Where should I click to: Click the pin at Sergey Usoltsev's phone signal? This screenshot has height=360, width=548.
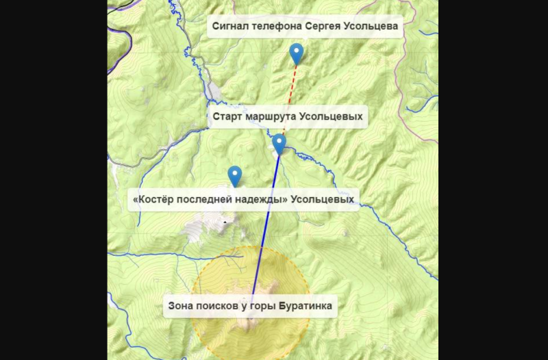click(x=297, y=52)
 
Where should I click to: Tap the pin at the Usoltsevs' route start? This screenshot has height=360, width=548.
click(x=279, y=143)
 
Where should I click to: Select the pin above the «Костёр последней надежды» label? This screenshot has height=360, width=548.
click(x=235, y=175)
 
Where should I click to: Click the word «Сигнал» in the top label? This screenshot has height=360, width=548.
click(x=230, y=26)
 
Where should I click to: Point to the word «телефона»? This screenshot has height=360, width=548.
click(x=277, y=26)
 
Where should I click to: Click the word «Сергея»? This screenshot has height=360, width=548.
click(x=323, y=26)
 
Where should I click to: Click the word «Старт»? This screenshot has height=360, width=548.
click(x=227, y=117)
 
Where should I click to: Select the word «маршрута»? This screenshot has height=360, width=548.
click(x=273, y=117)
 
